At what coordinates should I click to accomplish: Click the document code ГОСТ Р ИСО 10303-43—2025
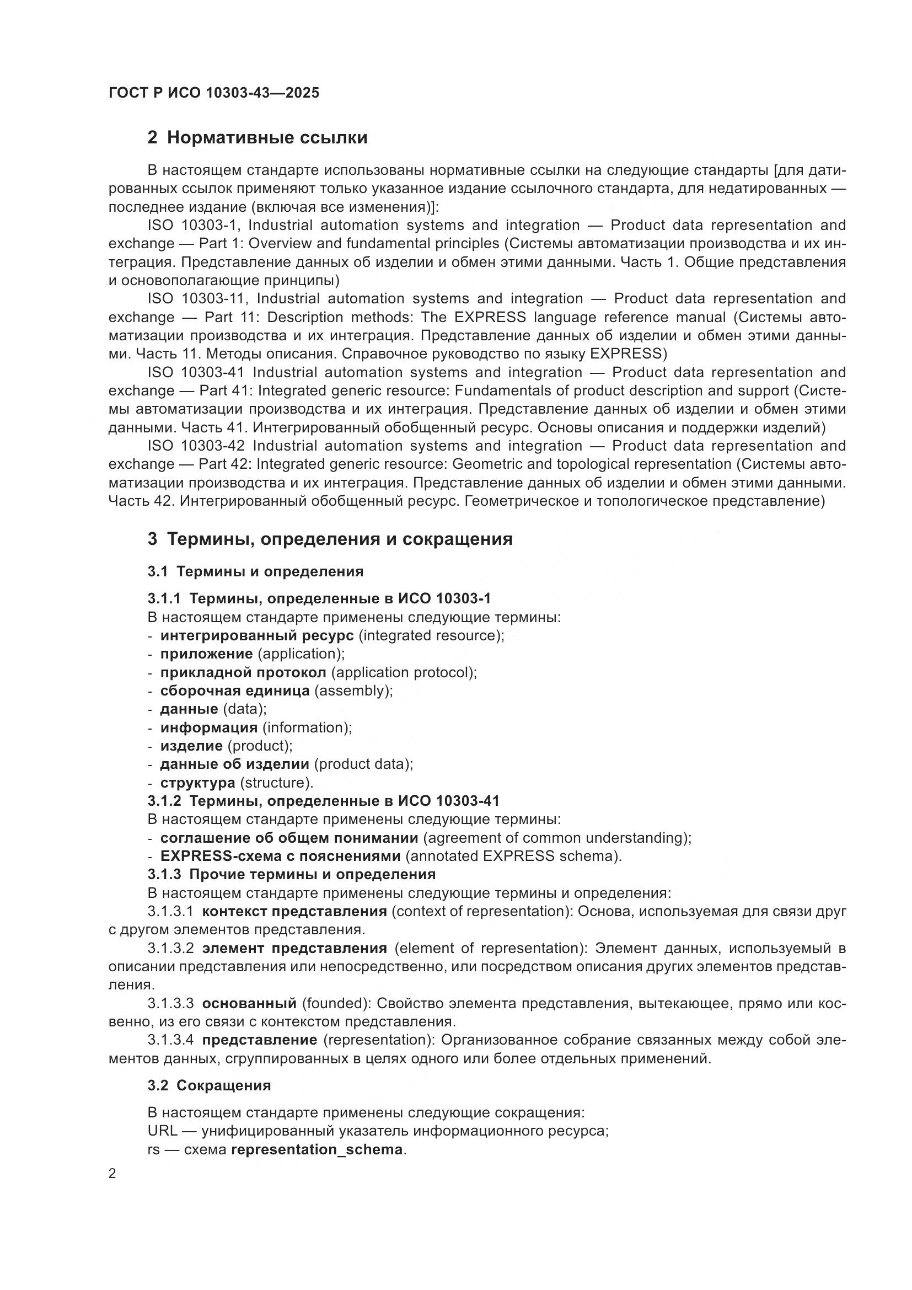tap(214, 93)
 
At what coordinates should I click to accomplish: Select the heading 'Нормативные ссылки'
tap(267, 138)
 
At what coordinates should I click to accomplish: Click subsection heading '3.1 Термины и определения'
tap(255, 571)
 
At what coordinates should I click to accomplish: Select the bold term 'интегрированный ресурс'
tap(256, 635)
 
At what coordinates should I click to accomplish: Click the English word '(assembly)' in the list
tap(353, 691)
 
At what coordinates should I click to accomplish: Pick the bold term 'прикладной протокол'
tap(243, 672)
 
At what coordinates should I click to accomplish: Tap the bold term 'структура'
tap(198, 782)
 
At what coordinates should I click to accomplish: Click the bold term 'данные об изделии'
tap(234, 763)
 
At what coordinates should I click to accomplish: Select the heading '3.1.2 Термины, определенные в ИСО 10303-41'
tap(324, 801)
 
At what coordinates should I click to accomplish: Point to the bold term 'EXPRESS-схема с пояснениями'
tap(280, 856)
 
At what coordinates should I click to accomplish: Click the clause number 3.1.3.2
tap(171, 949)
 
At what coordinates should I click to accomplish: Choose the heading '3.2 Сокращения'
tap(209, 1085)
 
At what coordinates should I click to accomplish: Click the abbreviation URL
tap(163, 1131)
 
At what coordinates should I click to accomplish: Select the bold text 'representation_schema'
tap(316, 1149)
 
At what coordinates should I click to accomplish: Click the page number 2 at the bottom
tap(112, 1174)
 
